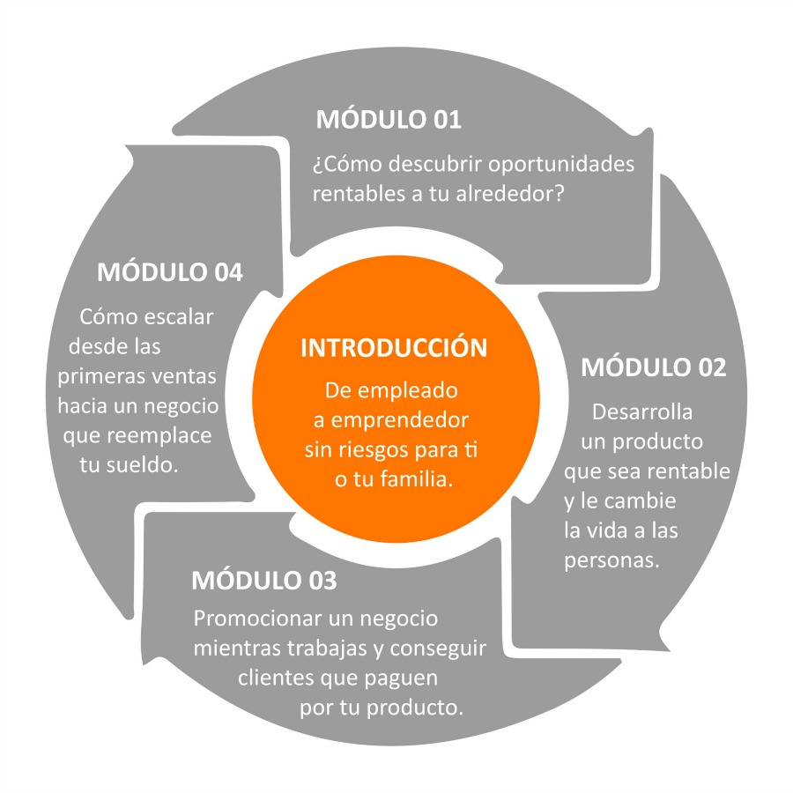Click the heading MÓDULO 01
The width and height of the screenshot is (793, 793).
click(x=389, y=119)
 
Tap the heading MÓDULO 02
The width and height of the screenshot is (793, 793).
click(x=654, y=367)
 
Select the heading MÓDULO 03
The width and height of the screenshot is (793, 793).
click(x=264, y=580)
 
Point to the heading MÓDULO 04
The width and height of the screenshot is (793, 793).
click(x=170, y=271)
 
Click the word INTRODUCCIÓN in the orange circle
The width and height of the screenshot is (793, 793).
click(x=394, y=347)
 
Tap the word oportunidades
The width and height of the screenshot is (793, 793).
click(x=561, y=165)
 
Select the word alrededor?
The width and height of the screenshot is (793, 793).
click(x=510, y=194)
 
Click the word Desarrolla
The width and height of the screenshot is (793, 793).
click(x=642, y=411)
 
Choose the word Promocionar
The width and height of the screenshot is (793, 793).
click(x=258, y=619)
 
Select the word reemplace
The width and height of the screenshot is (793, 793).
click(x=159, y=436)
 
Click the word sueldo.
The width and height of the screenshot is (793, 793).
click(x=143, y=465)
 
